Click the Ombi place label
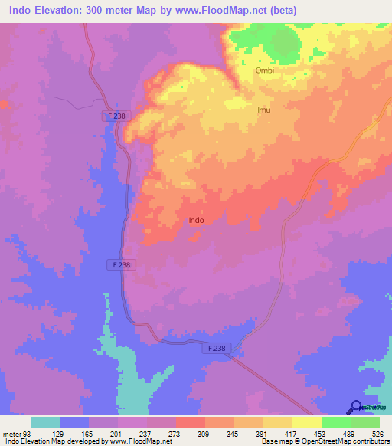264,71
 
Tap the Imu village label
263,110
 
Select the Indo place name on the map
196,220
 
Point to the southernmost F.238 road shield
217,348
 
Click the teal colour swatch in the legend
45,422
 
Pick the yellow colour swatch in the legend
306,422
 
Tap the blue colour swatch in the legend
74,422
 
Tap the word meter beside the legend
11,433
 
